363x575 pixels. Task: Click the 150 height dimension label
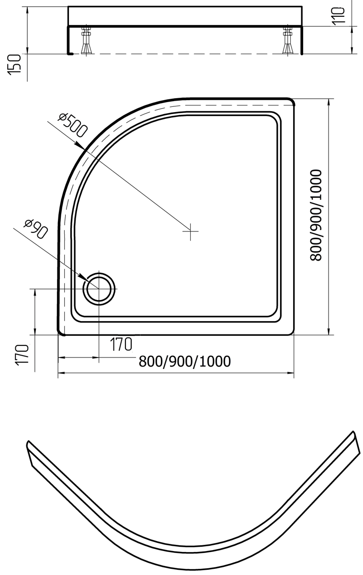(x=14, y=64)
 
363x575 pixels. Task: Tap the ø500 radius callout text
(x=73, y=125)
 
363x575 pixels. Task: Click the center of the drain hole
(x=99, y=289)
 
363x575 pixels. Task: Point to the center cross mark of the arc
(x=190, y=231)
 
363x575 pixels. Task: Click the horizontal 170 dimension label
(x=121, y=344)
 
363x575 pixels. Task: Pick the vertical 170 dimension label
(x=22, y=355)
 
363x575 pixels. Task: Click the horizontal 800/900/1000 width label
(x=185, y=361)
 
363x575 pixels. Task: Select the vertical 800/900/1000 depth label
(x=316, y=215)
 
